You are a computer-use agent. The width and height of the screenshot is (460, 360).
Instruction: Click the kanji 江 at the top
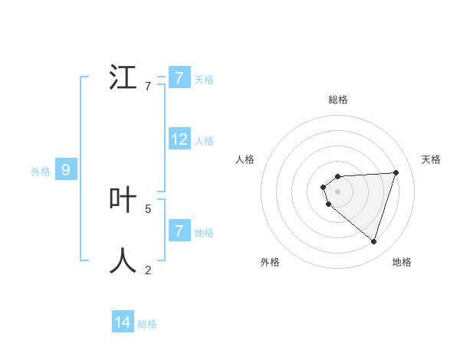point(123,77)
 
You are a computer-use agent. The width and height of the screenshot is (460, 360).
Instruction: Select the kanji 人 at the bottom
point(123,260)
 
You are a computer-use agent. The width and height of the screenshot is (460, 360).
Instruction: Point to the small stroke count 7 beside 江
point(148,87)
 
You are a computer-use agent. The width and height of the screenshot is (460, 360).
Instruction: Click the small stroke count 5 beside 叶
point(148,208)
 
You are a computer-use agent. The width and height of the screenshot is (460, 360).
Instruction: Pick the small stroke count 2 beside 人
point(148,270)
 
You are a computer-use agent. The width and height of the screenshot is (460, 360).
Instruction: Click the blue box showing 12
point(179,139)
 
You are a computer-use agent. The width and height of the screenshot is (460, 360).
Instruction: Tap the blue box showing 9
point(66,170)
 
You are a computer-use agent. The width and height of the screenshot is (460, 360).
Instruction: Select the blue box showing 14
point(123,322)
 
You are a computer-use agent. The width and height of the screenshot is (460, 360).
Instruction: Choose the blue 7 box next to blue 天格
point(179,78)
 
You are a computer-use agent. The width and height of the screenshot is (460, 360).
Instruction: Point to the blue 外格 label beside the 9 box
point(41,172)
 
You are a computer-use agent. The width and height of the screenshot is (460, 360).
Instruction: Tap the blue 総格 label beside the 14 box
point(147,324)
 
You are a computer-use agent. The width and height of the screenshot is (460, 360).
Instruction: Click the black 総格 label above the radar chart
point(338,100)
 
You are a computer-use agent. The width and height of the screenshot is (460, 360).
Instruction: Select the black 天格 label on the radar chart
point(432,159)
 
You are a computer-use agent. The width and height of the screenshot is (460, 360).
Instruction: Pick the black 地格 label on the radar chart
point(402,262)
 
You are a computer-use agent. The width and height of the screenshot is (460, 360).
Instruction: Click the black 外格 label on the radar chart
point(270,262)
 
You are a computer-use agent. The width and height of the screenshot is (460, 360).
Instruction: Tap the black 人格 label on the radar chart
point(245,159)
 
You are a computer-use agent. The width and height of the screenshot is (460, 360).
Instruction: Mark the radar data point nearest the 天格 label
point(396,172)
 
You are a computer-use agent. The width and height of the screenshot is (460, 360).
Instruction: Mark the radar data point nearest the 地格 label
point(373,241)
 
